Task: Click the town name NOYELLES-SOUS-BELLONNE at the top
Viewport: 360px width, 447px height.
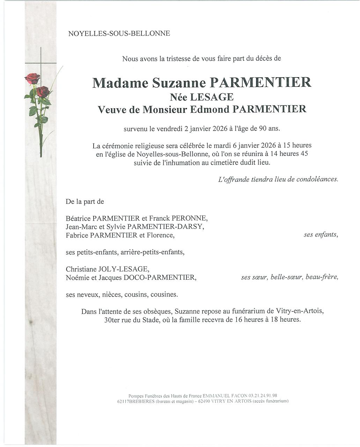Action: [x=119, y=34]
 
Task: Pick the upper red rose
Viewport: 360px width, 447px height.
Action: [x=32, y=78]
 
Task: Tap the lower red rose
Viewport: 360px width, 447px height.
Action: [x=43, y=91]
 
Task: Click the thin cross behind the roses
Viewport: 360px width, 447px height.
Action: [x=41, y=59]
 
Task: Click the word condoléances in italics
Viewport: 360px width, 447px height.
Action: [x=317, y=179]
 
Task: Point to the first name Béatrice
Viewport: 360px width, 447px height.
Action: [x=78, y=219]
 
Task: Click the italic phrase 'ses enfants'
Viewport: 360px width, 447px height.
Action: [x=321, y=235]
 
